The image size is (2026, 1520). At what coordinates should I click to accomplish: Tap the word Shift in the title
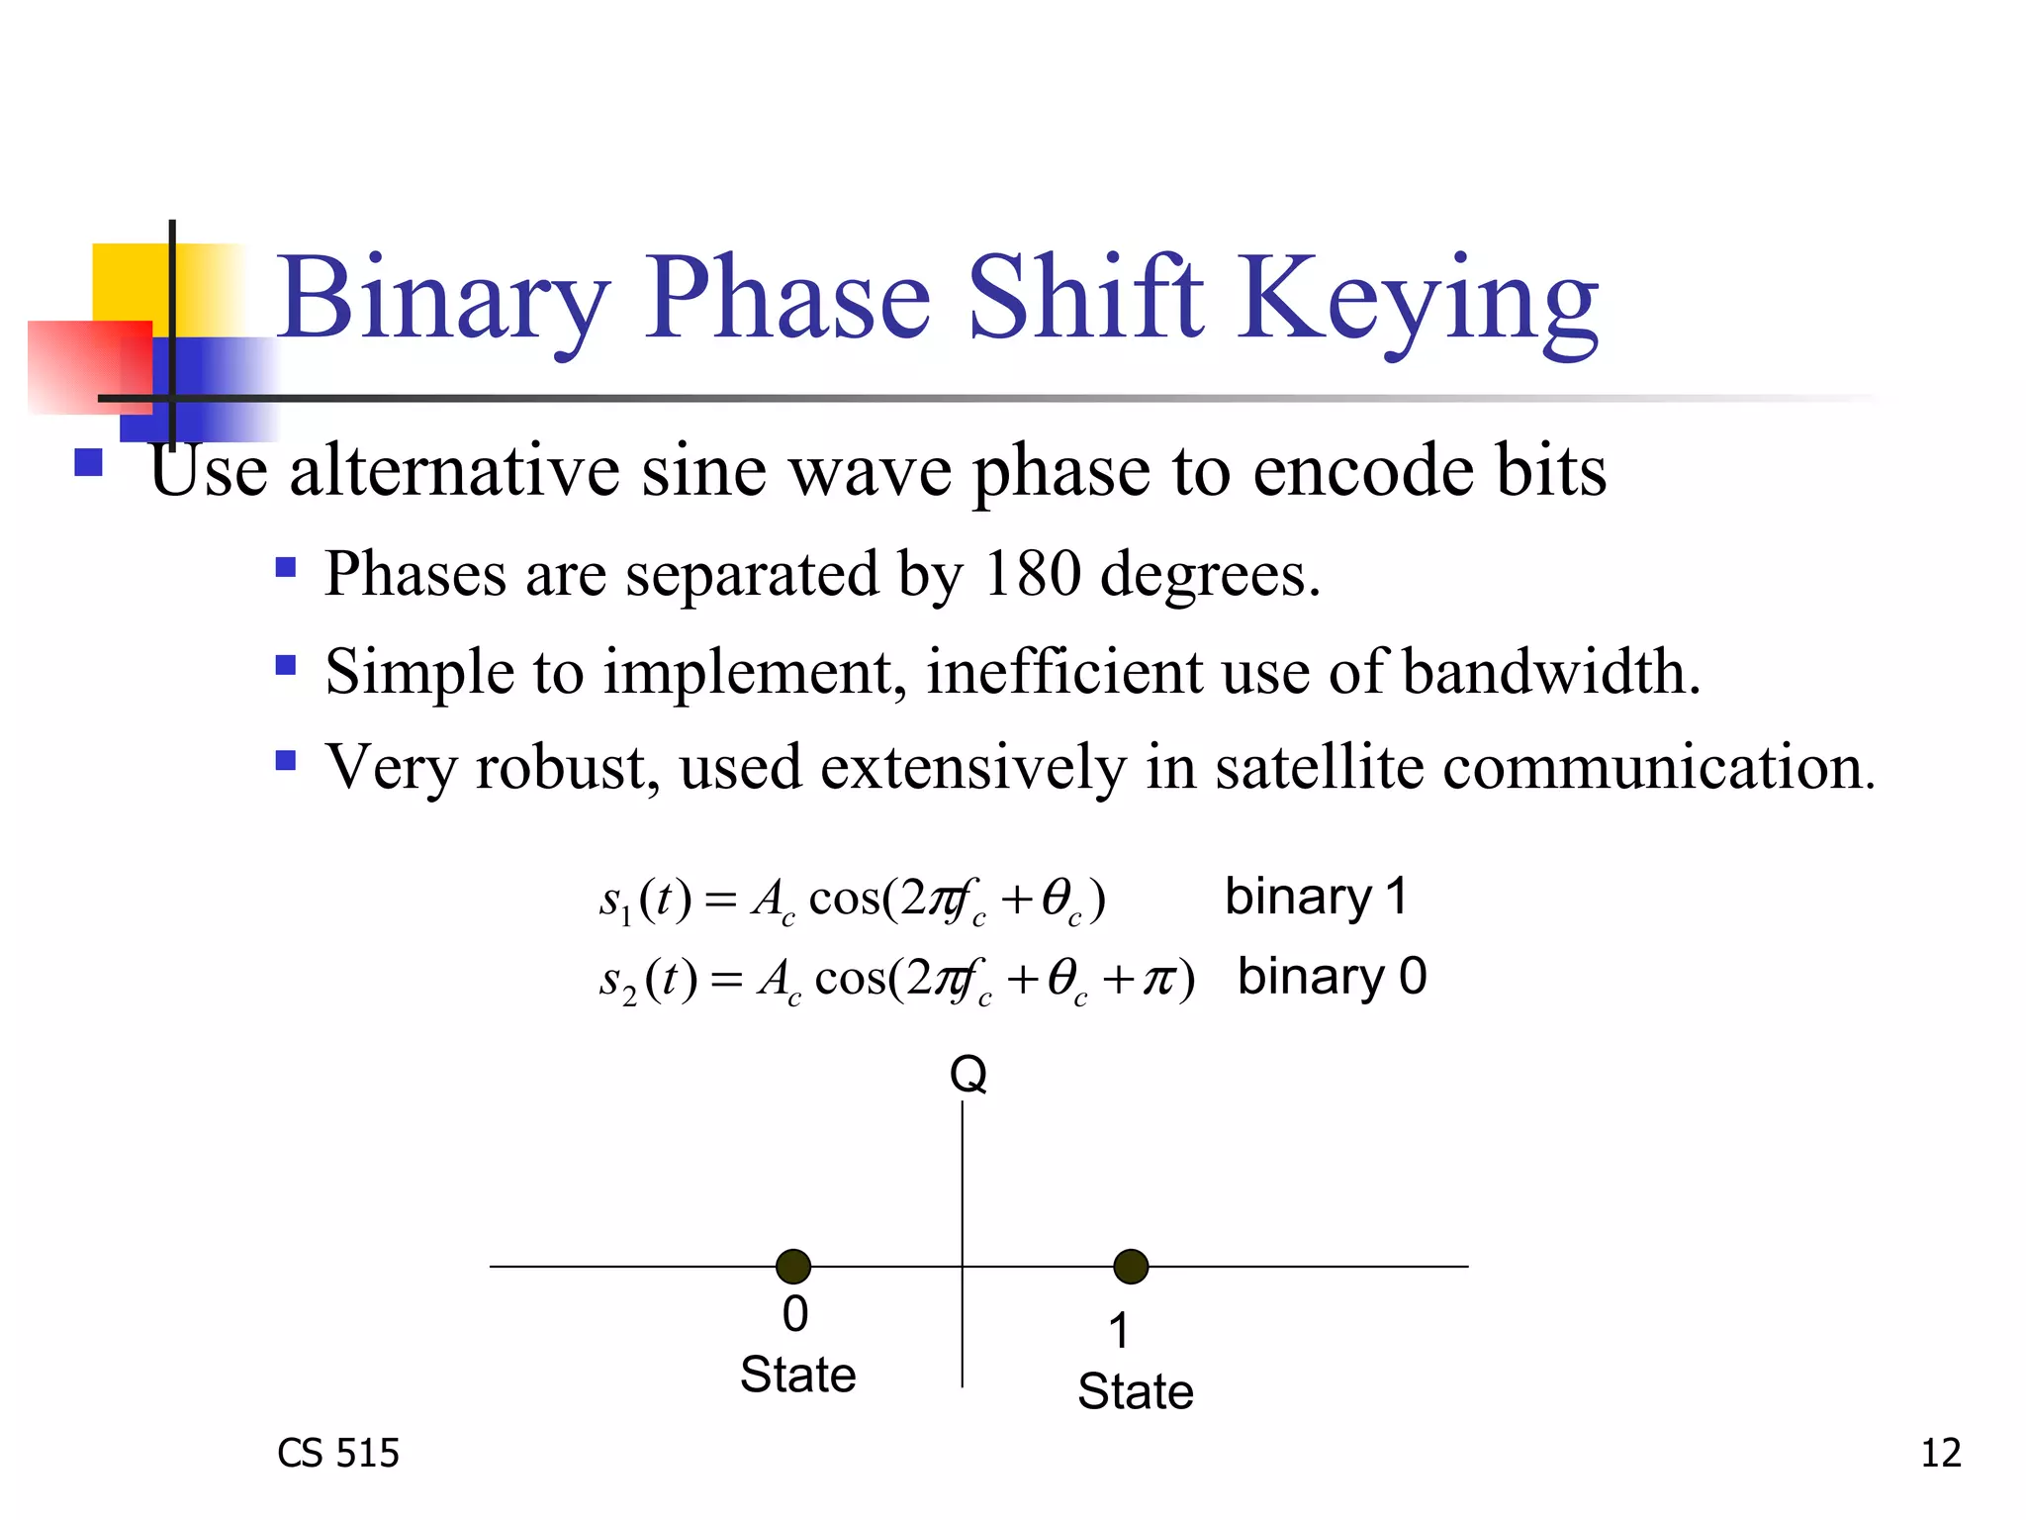tap(1084, 297)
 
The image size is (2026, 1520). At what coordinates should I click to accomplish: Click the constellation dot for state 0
tap(793, 1266)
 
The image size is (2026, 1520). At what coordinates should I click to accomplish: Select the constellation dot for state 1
tap(1131, 1266)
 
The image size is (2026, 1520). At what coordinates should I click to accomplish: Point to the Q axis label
tap(967, 1074)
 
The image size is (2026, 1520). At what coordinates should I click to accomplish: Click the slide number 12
tap(1940, 1453)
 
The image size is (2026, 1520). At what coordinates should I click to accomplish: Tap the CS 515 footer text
tap(337, 1453)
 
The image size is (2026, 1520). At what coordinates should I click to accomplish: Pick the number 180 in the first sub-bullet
tap(1032, 573)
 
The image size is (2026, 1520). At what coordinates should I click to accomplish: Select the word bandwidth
tap(1550, 671)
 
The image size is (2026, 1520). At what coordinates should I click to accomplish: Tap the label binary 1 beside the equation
tap(1316, 897)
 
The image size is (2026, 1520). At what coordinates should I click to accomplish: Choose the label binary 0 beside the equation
tap(1332, 977)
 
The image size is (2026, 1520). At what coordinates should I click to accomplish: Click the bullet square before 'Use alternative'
tap(89, 463)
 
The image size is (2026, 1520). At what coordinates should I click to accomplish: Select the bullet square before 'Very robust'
tap(286, 761)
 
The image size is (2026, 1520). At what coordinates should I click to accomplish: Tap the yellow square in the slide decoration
tap(129, 282)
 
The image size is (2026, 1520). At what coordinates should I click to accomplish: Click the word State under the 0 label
tap(797, 1375)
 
